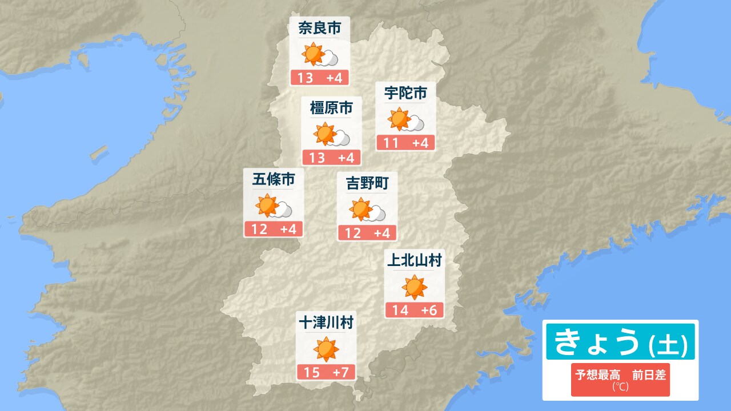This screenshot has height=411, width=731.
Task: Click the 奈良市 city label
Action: (x=320, y=29)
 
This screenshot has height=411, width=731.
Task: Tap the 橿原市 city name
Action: (x=331, y=107)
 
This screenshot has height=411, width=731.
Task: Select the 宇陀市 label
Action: (x=405, y=93)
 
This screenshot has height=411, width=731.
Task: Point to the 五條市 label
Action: (x=274, y=180)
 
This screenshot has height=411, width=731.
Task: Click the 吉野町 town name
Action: (x=367, y=183)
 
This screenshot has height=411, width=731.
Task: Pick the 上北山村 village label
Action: (x=415, y=261)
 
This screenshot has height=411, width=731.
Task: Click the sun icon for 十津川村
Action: (x=326, y=349)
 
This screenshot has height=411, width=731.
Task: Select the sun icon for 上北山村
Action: (x=415, y=287)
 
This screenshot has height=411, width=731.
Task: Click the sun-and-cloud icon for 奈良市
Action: (x=320, y=55)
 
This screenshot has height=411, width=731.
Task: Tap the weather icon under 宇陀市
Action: (x=405, y=120)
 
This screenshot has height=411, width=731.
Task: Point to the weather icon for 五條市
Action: (x=274, y=207)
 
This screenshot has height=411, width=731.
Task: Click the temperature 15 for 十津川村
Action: (x=311, y=373)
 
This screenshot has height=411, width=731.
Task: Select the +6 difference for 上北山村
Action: (x=429, y=311)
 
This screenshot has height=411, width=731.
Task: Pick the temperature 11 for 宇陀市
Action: (x=391, y=143)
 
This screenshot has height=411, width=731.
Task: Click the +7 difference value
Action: (x=341, y=373)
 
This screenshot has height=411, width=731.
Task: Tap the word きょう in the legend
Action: (x=596, y=341)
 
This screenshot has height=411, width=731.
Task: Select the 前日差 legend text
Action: (x=649, y=375)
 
